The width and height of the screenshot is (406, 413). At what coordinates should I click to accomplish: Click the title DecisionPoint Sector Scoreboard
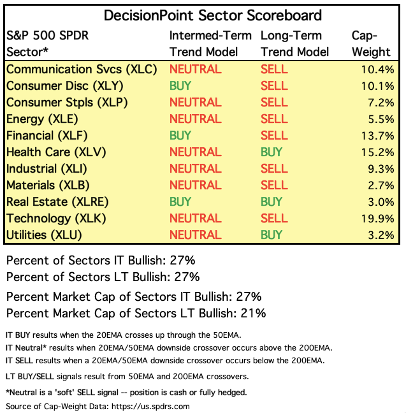click(203, 15)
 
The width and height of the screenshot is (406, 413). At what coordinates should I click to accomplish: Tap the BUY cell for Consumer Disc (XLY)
click(181, 86)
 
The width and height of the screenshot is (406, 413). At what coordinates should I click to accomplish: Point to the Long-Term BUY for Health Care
click(272, 152)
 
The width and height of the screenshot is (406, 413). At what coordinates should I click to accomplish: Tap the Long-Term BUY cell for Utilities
click(272, 235)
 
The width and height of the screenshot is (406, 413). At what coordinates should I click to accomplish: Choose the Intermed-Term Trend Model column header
click(210, 44)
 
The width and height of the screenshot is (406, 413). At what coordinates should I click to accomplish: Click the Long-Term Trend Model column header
click(295, 44)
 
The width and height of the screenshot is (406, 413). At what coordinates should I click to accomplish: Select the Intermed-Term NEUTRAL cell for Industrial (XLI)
click(195, 169)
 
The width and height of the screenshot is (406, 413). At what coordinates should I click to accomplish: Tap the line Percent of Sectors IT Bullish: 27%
click(100, 261)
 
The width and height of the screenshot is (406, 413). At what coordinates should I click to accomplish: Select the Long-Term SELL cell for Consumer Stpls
click(274, 103)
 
